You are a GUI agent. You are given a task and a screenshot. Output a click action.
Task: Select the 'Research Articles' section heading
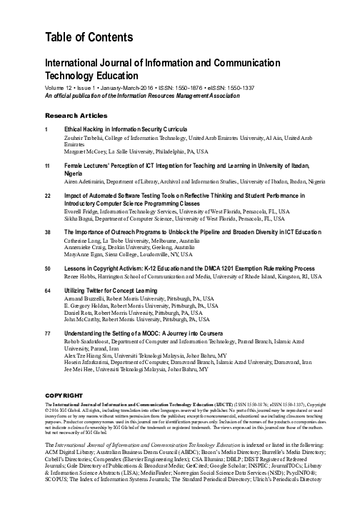[x=73, y=115]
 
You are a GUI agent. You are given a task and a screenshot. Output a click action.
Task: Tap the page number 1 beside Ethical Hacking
[x=46, y=129]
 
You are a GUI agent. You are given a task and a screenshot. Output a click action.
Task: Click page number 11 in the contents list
[x=48, y=165]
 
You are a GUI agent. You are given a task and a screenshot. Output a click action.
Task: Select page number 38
[x=48, y=232]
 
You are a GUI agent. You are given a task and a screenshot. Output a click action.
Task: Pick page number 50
[x=48, y=268]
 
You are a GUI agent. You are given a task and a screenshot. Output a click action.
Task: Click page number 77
[x=48, y=333]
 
